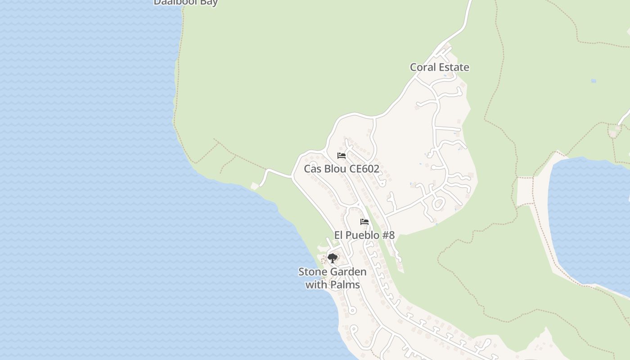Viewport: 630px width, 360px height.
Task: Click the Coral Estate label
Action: pyautogui.click(x=439, y=67)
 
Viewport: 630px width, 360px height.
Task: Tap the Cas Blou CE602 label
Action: pyautogui.click(x=341, y=169)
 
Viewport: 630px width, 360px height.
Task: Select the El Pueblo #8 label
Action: pyautogui.click(x=364, y=235)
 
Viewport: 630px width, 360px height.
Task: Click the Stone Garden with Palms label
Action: pyautogui.click(x=333, y=278)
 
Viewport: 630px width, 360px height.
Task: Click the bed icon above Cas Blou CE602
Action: pyautogui.click(x=342, y=156)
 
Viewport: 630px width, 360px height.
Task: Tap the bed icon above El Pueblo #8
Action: pyautogui.click(x=364, y=222)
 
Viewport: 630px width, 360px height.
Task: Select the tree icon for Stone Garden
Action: pyautogui.click(x=333, y=258)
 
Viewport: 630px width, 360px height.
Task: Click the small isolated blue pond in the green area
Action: pyautogui.click(x=594, y=81)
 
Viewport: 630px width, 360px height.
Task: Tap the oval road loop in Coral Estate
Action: pyautogui.click(x=437, y=204)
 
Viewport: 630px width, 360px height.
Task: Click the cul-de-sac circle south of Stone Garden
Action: pyautogui.click(x=352, y=310)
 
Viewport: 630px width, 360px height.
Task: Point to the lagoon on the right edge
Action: pyautogui.click(x=589, y=220)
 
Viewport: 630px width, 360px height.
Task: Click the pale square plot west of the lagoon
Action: pyautogui.click(x=524, y=191)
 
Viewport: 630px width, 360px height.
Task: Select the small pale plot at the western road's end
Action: pyautogui.click(x=255, y=186)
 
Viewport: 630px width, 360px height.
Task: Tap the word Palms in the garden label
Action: pyautogui.click(x=345, y=285)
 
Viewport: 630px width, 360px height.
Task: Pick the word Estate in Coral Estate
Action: pyautogui.click(x=454, y=67)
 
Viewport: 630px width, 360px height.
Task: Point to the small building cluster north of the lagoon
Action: pyautogui.click(x=614, y=132)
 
